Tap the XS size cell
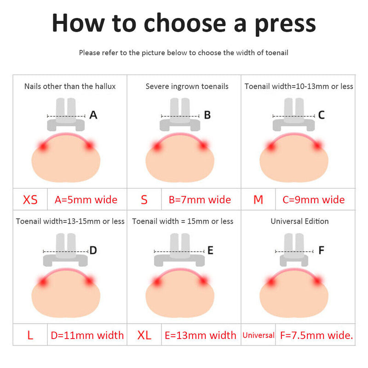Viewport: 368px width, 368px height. tap(30, 200)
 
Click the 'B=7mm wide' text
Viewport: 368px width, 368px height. tap(200, 200)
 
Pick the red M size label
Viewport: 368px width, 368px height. tap(258, 200)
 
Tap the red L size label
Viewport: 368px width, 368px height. tap(30, 335)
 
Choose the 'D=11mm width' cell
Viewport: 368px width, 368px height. tap(87, 335)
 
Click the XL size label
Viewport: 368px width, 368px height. tap(144, 335)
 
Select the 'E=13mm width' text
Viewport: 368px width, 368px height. tap(201, 335)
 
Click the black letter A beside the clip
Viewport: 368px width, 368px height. tap(93, 115)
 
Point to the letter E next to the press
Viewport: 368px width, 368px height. tap(210, 250)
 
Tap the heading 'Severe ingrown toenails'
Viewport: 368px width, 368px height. tap(187, 86)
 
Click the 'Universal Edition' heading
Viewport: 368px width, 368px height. tap(300, 221)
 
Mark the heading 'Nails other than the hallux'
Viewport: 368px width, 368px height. tap(70, 86)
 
